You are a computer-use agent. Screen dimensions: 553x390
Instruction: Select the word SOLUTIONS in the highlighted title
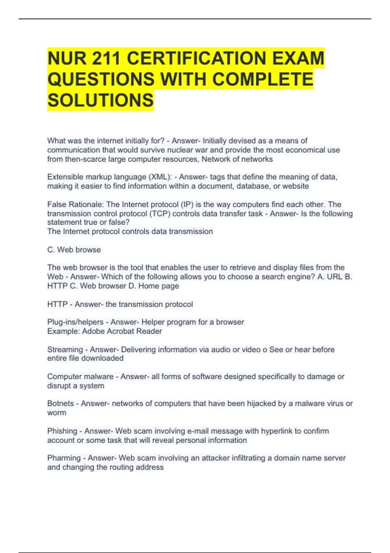click(x=100, y=100)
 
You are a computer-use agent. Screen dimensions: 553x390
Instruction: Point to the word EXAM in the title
click(x=298, y=59)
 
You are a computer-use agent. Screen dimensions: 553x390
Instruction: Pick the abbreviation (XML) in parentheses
click(x=160, y=177)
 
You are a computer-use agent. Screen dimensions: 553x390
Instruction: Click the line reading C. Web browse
click(x=74, y=250)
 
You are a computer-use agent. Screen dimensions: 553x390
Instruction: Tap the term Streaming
click(x=65, y=350)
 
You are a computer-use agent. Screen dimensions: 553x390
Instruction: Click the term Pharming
click(x=64, y=458)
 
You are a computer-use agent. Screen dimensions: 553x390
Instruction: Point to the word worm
click(x=57, y=413)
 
